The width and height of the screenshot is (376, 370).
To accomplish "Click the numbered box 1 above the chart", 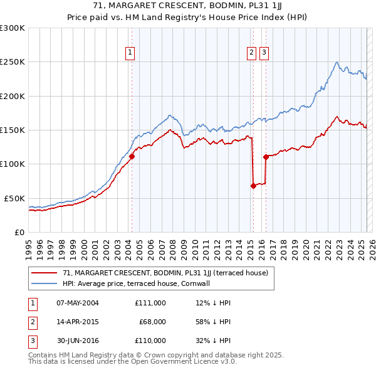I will coord(130,53).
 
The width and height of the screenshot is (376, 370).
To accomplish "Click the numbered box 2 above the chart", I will coord(251,53).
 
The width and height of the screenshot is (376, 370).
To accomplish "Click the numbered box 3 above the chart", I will coord(264,53).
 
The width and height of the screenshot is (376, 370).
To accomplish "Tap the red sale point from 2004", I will coord(132,157).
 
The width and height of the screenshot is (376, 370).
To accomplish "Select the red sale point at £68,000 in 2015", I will coord(253,186).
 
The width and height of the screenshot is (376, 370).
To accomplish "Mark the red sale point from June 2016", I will coord(266,157).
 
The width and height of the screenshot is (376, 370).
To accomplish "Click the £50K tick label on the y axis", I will coord(14,198).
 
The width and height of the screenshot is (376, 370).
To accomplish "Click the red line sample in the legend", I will coord(44,273).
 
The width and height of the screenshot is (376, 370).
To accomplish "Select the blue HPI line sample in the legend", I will coord(44,283).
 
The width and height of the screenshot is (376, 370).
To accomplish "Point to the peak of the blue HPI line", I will coord(337,61).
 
